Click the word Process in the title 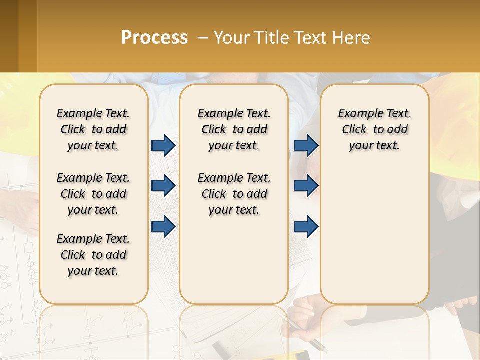[x=154, y=38]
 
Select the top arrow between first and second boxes [x=163, y=145]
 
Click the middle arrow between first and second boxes [x=163, y=186]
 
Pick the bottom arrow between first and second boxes [x=163, y=226]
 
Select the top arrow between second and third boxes [x=306, y=145]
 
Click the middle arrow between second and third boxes [x=306, y=186]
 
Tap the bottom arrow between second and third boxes [x=306, y=226]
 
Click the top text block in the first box [x=93, y=129]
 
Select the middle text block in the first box [x=93, y=194]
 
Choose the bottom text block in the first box [x=93, y=255]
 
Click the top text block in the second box [x=234, y=129]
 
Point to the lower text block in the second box [x=234, y=194]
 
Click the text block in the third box [x=374, y=129]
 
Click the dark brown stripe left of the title [x=9, y=36]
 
